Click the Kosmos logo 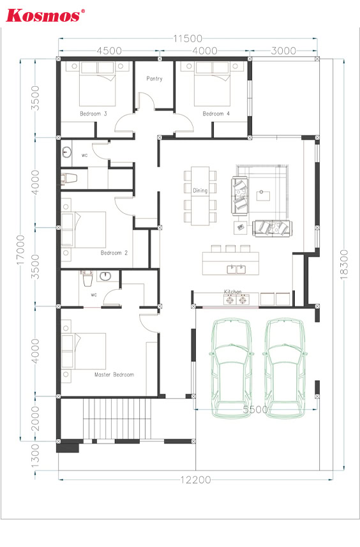click(x=45, y=15)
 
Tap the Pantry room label click(x=154, y=79)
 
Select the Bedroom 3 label click(x=93, y=114)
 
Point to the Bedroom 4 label click(x=216, y=114)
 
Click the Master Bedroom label click(x=114, y=374)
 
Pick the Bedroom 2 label click(x=114, y=253)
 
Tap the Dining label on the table click(x=200, y=190)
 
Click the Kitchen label click(x=233, y=292)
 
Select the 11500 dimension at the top click(x=188, y=38)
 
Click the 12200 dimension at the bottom click(x=196, y=480)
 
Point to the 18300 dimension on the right click(x=344, y=264)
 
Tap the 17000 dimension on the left click(x=21, y=250)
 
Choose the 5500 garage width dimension click(x=255, y=409)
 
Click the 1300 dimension click(x=36, y=457)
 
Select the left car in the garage click(x=231, y=368)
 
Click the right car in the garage click(x=285, y=368)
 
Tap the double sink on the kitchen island click(x=237, y=269)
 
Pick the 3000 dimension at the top click(x=283, y=51)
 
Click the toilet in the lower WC click(x=87, y=278)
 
